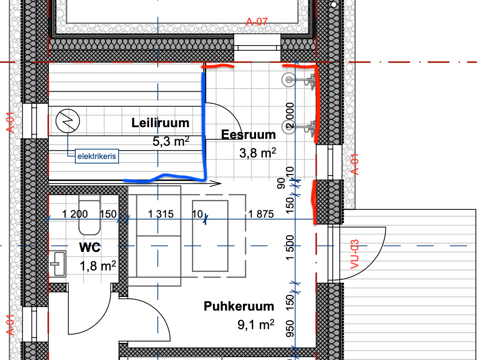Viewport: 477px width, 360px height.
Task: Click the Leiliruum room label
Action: [x=160, y=123]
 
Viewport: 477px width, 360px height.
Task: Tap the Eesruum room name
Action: [x=248, y=135]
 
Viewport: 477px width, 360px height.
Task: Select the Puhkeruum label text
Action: [x=239, y=306]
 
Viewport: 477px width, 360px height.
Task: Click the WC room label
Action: [x=89, y=247]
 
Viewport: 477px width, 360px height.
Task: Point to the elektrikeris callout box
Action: [x=97, y=156]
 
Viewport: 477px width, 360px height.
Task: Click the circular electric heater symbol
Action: [x=67, y=121]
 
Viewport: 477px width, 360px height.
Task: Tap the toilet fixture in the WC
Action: [x=89, y=215]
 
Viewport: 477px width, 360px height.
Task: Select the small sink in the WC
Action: [x=58, y=264]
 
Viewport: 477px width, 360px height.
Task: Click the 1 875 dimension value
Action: [x=260, y=214]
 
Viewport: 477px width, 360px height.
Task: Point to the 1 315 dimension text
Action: [x=161, y=214]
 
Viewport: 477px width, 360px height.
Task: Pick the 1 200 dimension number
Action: [x=75, y=214]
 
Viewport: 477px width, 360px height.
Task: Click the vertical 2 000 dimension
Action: [x=290, y=115]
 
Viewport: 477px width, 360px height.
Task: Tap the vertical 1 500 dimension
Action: [x=290, y=247]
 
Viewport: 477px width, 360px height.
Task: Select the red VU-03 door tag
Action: [x=355, y=254]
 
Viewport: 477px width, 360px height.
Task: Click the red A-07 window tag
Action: [x=257, y=22]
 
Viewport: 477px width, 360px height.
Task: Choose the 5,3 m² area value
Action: [x=171, y=141]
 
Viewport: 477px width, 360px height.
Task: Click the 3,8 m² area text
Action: [x=258, y=153]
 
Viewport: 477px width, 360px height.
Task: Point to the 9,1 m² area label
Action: [x=256, y=325]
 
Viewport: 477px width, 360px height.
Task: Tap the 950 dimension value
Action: [x=290, y=329]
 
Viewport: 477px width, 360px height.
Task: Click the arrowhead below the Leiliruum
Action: [x=216, y=183]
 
